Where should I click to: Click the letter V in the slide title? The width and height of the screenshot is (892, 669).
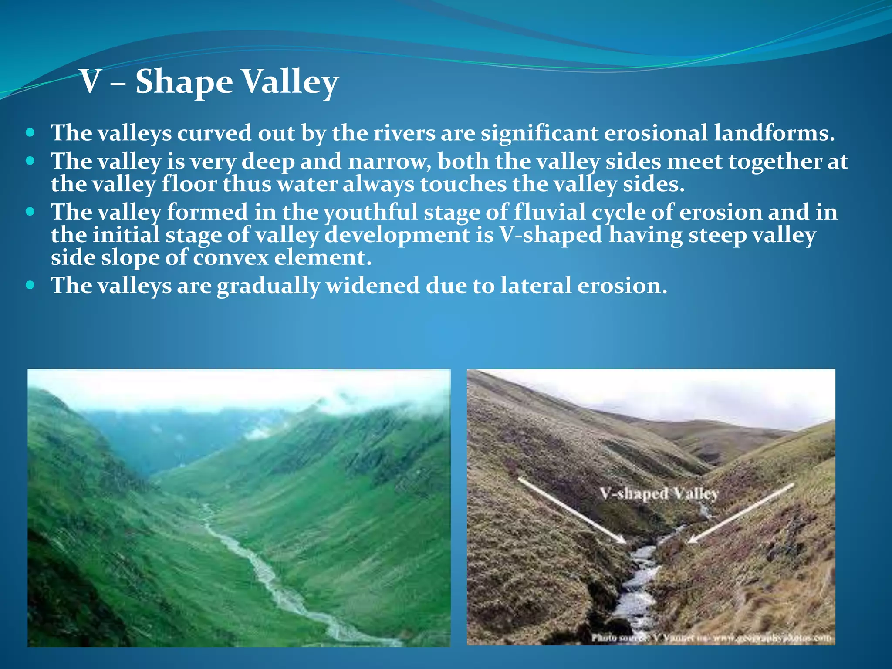(x=91, y=82)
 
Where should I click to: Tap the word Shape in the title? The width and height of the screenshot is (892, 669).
(x=184, y=83)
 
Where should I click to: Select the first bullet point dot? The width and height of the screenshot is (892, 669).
(x=30, y=132)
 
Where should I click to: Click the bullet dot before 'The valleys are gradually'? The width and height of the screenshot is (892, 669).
(x=30, y=285)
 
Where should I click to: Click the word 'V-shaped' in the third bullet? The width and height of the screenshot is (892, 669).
(x=551, y=235)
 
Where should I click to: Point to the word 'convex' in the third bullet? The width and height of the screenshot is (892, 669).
(x=231, y=258)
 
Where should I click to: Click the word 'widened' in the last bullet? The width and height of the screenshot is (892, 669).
(x=372, y=286)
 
